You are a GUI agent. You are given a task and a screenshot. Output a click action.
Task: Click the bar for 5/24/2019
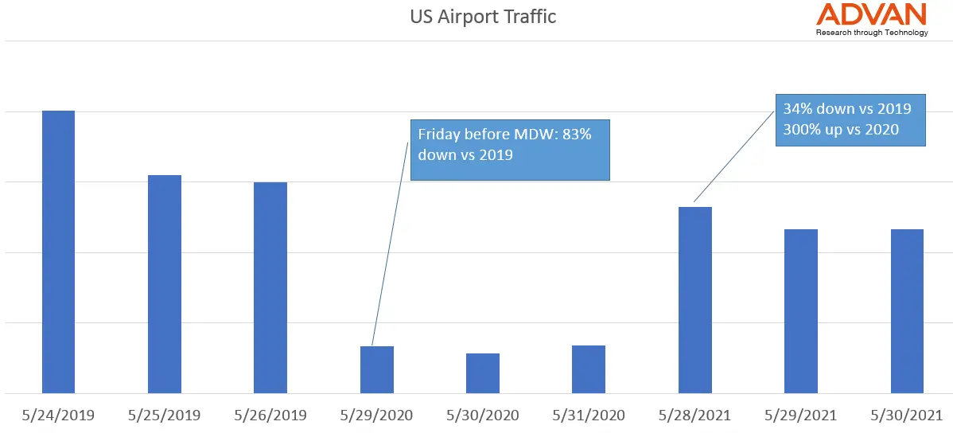(58, 252)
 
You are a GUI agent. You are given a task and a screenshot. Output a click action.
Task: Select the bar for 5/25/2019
(165, 284)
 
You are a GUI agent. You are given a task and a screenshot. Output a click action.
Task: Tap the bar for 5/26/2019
(270, 287)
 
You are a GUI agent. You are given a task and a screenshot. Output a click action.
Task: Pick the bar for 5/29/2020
(376, 369)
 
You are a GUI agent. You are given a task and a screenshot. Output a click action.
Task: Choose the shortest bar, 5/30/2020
(483, 373)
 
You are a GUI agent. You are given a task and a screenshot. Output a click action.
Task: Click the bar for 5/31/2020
(589, 369)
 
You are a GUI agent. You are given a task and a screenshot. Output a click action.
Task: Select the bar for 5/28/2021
(694, 300)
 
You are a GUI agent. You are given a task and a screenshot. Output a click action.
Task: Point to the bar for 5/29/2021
(801, 311)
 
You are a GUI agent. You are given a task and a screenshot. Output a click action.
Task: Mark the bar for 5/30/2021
(907, 311)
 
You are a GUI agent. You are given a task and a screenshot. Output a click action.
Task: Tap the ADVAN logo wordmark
(872, 14)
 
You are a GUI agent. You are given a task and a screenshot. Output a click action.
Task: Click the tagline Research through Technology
(872, 33)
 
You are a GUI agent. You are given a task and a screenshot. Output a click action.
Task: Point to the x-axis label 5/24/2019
(58, 416)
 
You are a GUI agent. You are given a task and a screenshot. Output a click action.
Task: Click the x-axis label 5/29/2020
(376, 416)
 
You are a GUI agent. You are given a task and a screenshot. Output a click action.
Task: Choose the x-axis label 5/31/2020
(589, 416)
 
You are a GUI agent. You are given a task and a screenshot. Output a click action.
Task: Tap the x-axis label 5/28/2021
(694, 416)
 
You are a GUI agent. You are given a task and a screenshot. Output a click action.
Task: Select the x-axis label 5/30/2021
(907, 416)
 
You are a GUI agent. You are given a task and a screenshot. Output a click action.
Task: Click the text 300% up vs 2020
(841, 129)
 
